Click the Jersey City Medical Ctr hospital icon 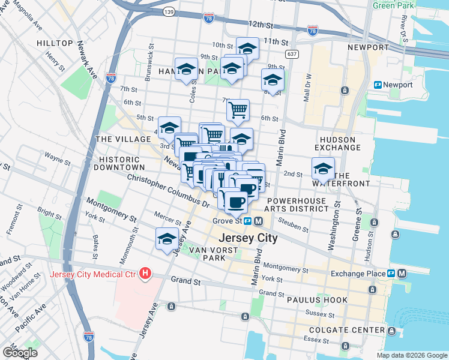click(145, 274)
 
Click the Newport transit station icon click(378, 85)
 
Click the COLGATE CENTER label click(346, 331)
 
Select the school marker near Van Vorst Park click(167, 238)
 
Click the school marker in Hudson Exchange click(323, 167)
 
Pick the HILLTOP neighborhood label click(55, 44)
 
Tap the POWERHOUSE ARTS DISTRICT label click(298, 205)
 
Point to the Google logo click(20, 352)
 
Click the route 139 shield click(170, 11)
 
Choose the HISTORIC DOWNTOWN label click(122, 163)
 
